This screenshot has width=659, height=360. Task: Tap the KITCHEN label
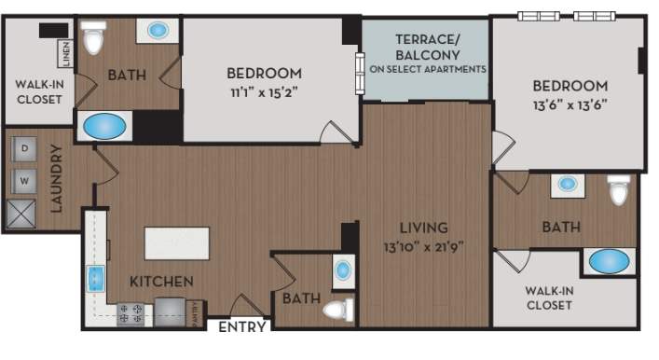click(161, 281)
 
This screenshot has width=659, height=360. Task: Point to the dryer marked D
click(25, 148)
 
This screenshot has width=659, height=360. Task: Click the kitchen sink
click(95, 278)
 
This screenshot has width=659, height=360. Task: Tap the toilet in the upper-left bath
click(91, 39)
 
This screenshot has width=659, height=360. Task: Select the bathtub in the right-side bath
click(608, 260)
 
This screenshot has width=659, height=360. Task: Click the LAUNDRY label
click(56, 177)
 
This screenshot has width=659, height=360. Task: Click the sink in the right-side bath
click(568, 184)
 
